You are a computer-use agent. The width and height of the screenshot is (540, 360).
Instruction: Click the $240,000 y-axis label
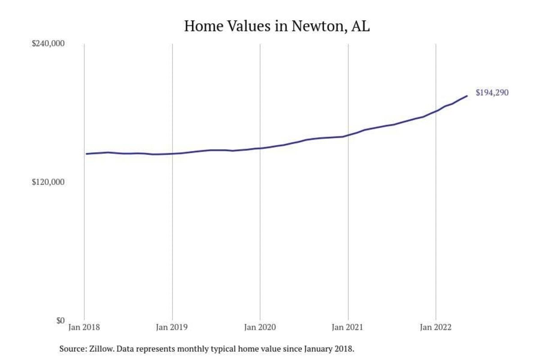tap(49, 44)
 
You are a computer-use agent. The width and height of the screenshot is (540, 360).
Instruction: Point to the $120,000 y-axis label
tap(49, 182)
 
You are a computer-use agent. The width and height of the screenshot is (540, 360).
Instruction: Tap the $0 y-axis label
tap(60, 320)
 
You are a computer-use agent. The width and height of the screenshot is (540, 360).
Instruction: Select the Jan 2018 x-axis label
tap(84, 328)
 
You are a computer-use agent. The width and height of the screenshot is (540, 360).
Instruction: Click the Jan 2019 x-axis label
tap(172, 328)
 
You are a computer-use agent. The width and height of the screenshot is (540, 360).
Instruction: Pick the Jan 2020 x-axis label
tap(260, 328)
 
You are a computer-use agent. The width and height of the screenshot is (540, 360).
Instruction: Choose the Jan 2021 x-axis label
tap(348, 328)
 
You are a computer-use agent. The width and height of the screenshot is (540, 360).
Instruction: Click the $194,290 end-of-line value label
tap(492, 93)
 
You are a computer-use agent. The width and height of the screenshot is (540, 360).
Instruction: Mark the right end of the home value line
tap(467, 96)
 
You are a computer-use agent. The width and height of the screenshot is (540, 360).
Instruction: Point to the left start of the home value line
tap(86, 154)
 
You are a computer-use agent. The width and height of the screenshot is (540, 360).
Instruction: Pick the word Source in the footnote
tap(70, 349)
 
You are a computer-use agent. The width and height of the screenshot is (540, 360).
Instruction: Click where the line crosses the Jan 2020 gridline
tap(260, 148)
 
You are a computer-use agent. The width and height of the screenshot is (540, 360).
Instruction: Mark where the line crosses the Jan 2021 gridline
tap(348, 135)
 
